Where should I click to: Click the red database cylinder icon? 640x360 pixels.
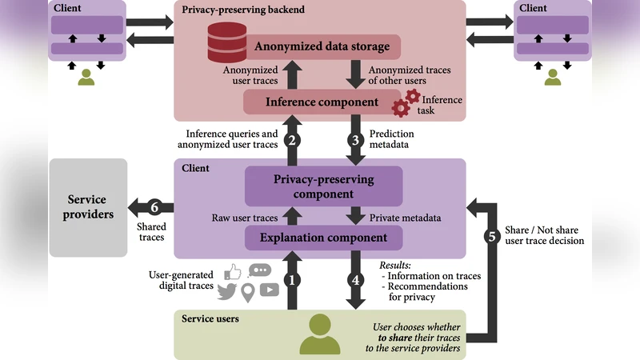click(x=227, y=41)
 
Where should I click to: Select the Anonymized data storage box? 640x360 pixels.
click(x=322, y=46)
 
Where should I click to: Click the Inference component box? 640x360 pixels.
click(x=322, y=102)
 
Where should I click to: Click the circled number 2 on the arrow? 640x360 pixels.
click(x=294, y=139)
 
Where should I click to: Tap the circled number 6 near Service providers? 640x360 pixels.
click(x=158, y=206)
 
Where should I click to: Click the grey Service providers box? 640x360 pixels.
click(x=88, y=207)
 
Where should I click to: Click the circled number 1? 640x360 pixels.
click(x=294, y=280)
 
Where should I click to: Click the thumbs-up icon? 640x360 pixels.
click(x=232, y=272)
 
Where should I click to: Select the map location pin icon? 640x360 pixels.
click(x=248, y=294)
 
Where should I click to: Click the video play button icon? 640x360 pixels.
click(x=270, y=290)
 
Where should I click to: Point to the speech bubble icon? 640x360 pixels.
click(x=259, y=270)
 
